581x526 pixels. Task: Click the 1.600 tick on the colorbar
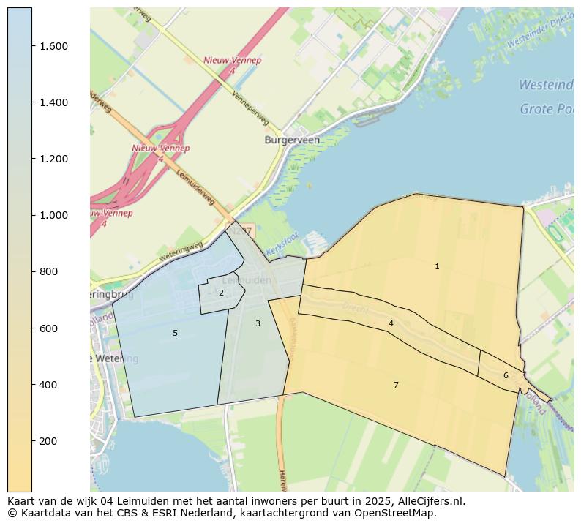[32, 46]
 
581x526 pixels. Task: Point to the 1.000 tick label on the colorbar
[53, 215]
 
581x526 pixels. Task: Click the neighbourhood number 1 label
[437, 267]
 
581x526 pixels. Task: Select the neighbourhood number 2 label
[221, 293]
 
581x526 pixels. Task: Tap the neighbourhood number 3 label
[258, 323]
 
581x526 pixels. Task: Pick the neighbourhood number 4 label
[391, 323]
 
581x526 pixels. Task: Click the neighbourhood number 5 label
[175, 334]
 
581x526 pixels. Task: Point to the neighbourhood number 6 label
[506, 376]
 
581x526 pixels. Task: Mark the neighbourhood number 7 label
[396, 385]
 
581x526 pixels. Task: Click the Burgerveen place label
[292, 140]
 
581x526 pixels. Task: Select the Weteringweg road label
[181, 252]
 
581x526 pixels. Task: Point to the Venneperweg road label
[250, 109]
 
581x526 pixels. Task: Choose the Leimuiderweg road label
[195, 188]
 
